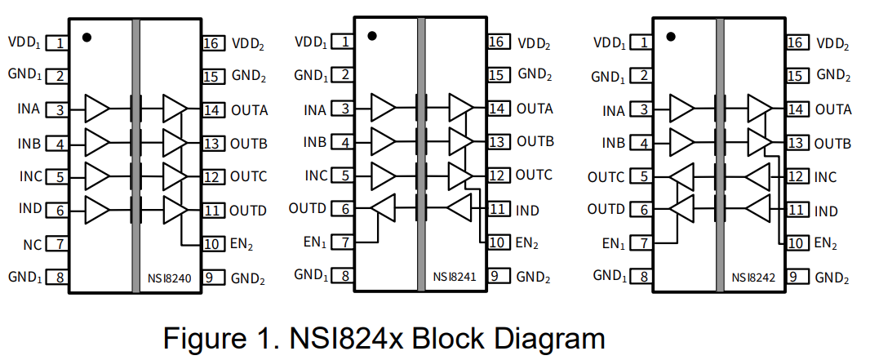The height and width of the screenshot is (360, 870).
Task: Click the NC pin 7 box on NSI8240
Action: pos(56,243)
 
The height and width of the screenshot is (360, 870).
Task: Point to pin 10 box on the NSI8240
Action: pos(212,243)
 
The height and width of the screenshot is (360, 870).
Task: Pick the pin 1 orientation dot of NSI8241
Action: pos(372,36)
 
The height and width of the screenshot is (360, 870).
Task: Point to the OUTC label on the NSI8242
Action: pos(606,177)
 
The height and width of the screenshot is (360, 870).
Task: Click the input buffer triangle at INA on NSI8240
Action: pos(96,107)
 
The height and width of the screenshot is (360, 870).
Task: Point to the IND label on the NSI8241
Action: pos(527,211)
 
